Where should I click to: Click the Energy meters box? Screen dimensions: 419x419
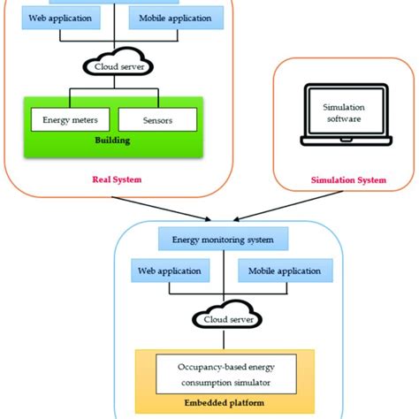(x=64, y=119)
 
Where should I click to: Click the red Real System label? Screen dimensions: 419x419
(x=117, y=179)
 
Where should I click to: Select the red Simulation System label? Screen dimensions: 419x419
(x=348, y=180)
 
